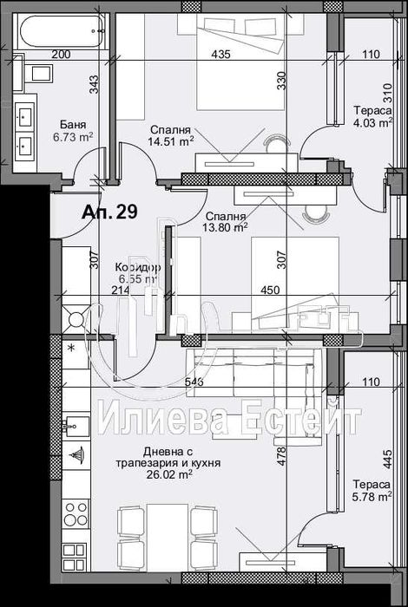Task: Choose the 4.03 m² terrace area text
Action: [x=370, y=122]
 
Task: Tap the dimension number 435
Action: [x=220, y=55]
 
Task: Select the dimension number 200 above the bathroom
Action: [x=61, y=55]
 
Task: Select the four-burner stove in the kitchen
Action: [x=75, y=508]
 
